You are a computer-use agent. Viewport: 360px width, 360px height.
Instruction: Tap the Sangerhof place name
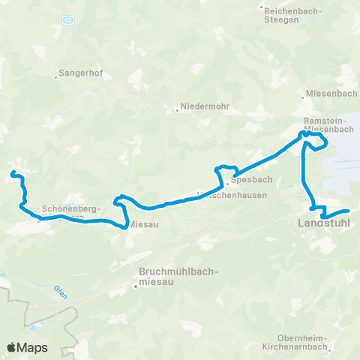point(79,75)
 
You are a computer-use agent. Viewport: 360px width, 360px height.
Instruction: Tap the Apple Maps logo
point(26,347)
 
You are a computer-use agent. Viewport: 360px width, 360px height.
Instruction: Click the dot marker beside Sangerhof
point(57,75)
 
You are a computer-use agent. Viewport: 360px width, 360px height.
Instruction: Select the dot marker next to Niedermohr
point(178,108)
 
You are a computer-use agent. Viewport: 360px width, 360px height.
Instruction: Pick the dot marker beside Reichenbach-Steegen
point(262,8)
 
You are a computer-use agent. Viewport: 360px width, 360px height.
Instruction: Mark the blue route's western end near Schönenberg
point(12,174)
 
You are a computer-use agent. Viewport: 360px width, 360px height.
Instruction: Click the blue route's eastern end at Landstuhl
point(349,211)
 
